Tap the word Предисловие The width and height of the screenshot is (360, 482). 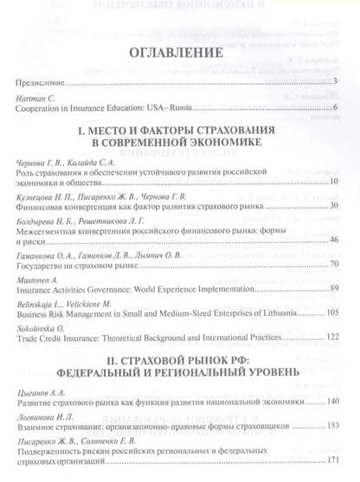[40, 82]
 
